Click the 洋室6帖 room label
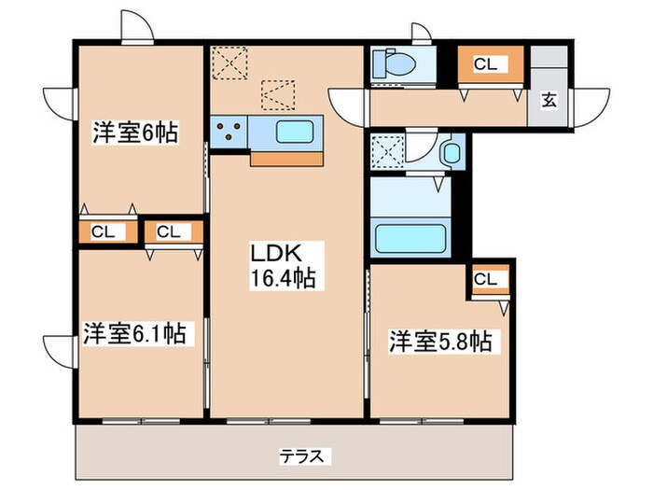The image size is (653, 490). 134,133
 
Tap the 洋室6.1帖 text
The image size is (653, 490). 134,332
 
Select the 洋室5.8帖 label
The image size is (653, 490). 439,342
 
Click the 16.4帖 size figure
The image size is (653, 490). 279,276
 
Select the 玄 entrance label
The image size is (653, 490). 549,101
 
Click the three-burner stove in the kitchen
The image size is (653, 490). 229,132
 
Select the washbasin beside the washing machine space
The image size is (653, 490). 452,150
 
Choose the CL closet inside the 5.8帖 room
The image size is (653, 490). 485,278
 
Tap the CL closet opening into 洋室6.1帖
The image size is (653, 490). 169,231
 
